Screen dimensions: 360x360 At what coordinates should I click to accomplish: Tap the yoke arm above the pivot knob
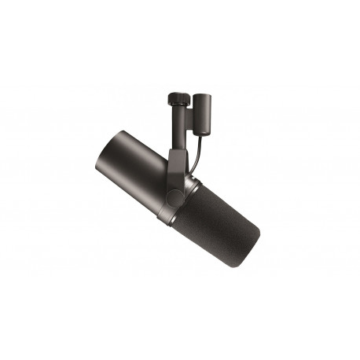pos(174,161)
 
